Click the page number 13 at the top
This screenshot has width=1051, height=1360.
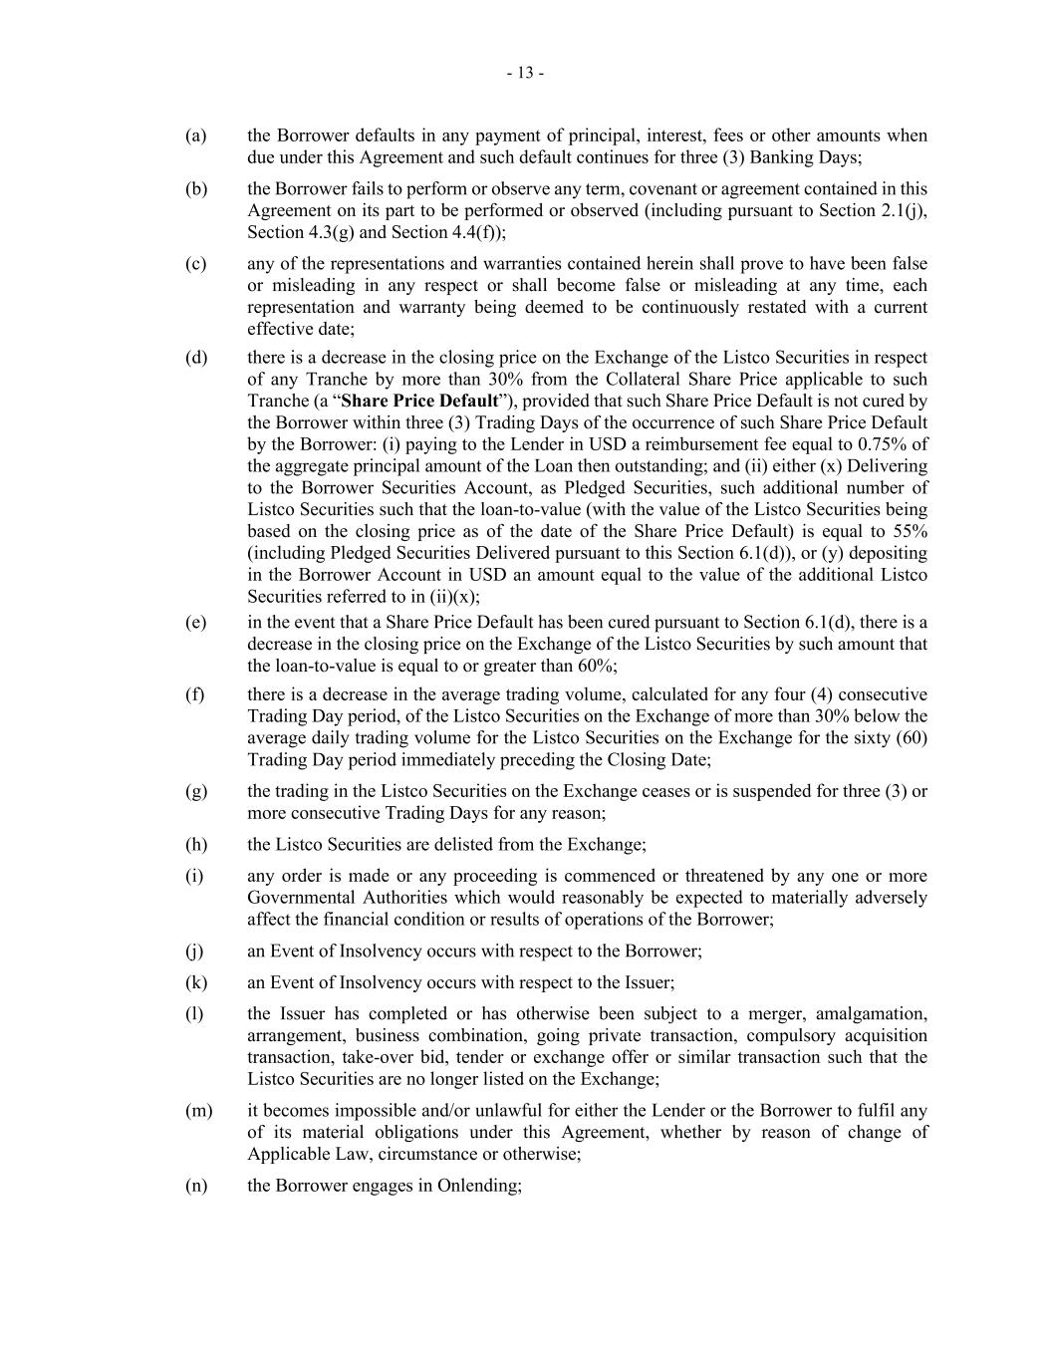(x=525, y=73)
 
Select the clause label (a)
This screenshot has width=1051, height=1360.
(x=195, y=136)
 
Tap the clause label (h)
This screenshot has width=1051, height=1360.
(x=195, y=845)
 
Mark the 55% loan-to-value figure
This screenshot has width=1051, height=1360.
(x=910, y=531)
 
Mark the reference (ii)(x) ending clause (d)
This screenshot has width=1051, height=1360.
(x=450, y=597)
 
